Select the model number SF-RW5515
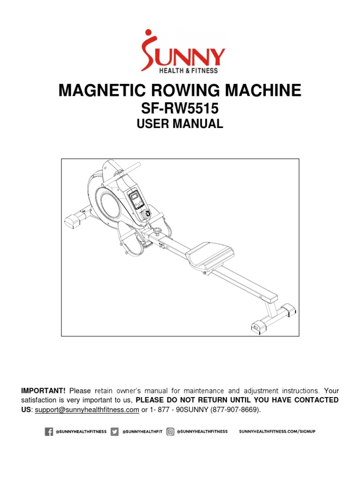click(x=180, y=109)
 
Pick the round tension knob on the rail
click(x=157, y=231)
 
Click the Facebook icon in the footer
click(x=49, y=432)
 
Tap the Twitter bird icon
click(x=114, y=432)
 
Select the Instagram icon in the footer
click(x=170, y=432)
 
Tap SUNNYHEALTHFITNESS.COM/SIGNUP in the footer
click(x=277, y=432)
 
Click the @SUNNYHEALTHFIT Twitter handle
click(x=142, y=432)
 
